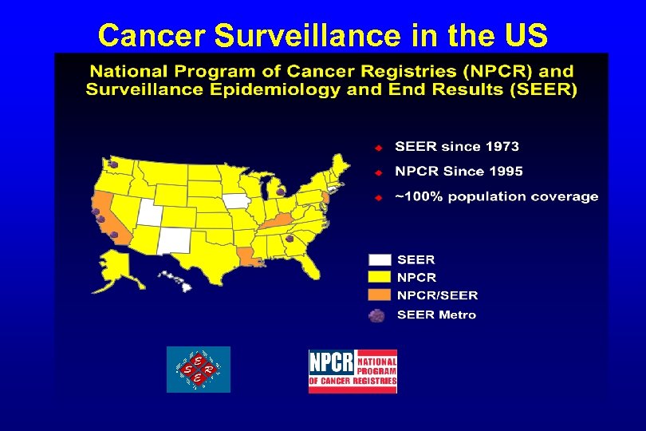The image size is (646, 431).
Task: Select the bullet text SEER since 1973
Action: (457, 147)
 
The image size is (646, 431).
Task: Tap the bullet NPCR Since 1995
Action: (459, 171)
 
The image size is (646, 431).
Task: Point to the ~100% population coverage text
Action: (496, 196)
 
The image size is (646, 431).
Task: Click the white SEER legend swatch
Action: (380, 259)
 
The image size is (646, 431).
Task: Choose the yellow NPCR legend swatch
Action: (380, 277)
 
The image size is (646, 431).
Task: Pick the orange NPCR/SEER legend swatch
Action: (380, 295)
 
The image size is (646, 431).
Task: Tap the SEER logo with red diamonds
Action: (198, 370)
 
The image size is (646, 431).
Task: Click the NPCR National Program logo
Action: (353, 371)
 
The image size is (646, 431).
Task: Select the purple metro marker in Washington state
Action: (114, 165)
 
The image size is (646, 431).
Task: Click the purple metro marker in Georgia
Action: (290, 239)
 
